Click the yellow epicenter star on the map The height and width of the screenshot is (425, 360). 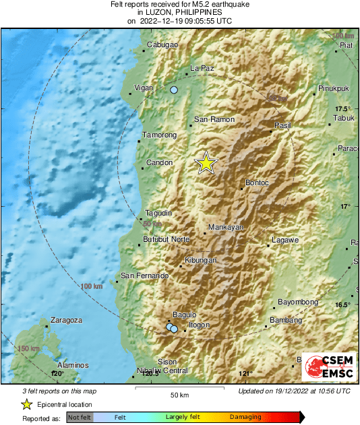pos(206,163)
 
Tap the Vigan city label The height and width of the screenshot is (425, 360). pos(145,88)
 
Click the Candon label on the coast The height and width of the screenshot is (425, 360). pos(160,162)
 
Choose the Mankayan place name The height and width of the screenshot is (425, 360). pos(225,228)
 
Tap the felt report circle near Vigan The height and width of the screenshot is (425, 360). pos(174,90)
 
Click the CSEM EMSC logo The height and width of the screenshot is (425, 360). pos(329,368)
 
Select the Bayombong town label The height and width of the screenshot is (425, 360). pos(298,302)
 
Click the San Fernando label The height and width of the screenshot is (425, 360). pos(144,275)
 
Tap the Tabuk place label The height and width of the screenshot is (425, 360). pos(343,119)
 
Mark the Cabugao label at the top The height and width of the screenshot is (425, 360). pos(162,45)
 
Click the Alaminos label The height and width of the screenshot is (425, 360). pos(73,365)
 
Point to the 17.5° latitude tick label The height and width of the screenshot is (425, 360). pos(344,109)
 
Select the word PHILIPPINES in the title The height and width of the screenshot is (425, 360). pos(194,13)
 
